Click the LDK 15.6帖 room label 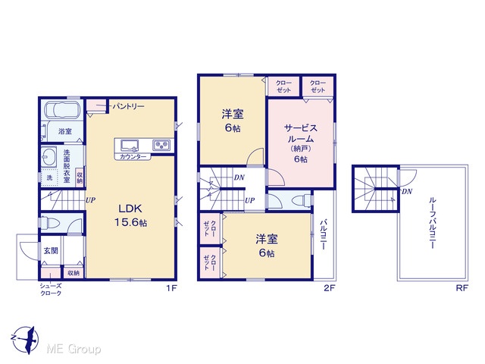(130, 215)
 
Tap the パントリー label (128, 106)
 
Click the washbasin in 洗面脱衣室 (48, 156)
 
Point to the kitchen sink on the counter (130, 145)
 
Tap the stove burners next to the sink (161, 145)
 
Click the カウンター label (133, 157)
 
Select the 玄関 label (51, 250)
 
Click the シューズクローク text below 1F (51, 290)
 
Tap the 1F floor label (171, 288)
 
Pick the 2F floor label (330, 288)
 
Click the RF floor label (462, 288)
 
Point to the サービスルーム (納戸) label (301, 143)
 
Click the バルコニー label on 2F (324, 234)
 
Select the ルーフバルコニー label (433, 223)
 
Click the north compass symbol (25, 340)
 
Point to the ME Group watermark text (74, 349)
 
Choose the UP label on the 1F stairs (90, 200)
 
